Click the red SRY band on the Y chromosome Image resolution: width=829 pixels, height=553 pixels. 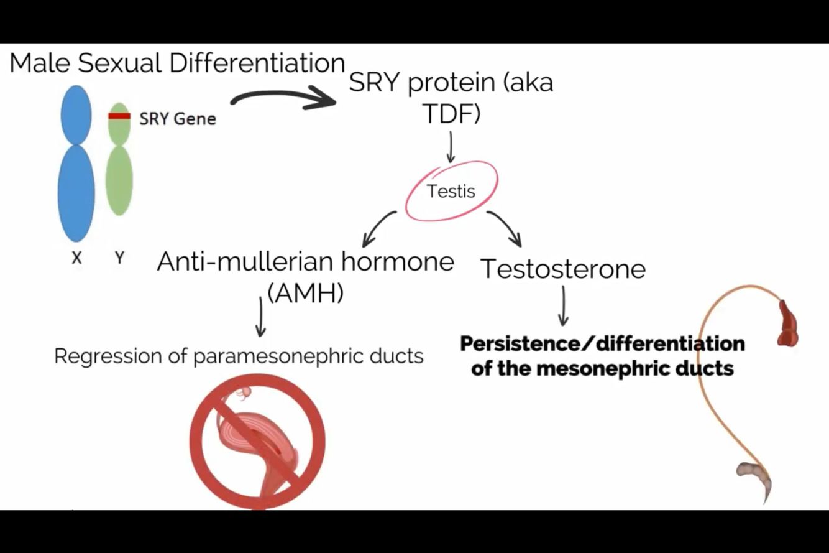tap(119, 116)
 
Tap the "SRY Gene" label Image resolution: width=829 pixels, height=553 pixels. tap(177, 118)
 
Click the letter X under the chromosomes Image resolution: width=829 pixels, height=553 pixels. tap(76, 258)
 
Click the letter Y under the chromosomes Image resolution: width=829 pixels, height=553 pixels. tap(119, 258)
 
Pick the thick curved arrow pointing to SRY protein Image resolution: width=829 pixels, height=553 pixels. tap(283, 100)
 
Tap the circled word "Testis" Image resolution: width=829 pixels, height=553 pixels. tap(451, 191)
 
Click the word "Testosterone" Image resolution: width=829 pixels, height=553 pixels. tap(563, 269)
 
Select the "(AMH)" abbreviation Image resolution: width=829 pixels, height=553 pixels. tap(305, 292)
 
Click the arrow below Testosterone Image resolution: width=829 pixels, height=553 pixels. tap(563, 306)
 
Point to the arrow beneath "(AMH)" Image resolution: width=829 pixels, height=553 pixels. tap(260, 317)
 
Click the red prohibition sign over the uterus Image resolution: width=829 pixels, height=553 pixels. tap(257, 441)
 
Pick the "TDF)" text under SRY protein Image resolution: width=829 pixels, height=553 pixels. tap(451, 113)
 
